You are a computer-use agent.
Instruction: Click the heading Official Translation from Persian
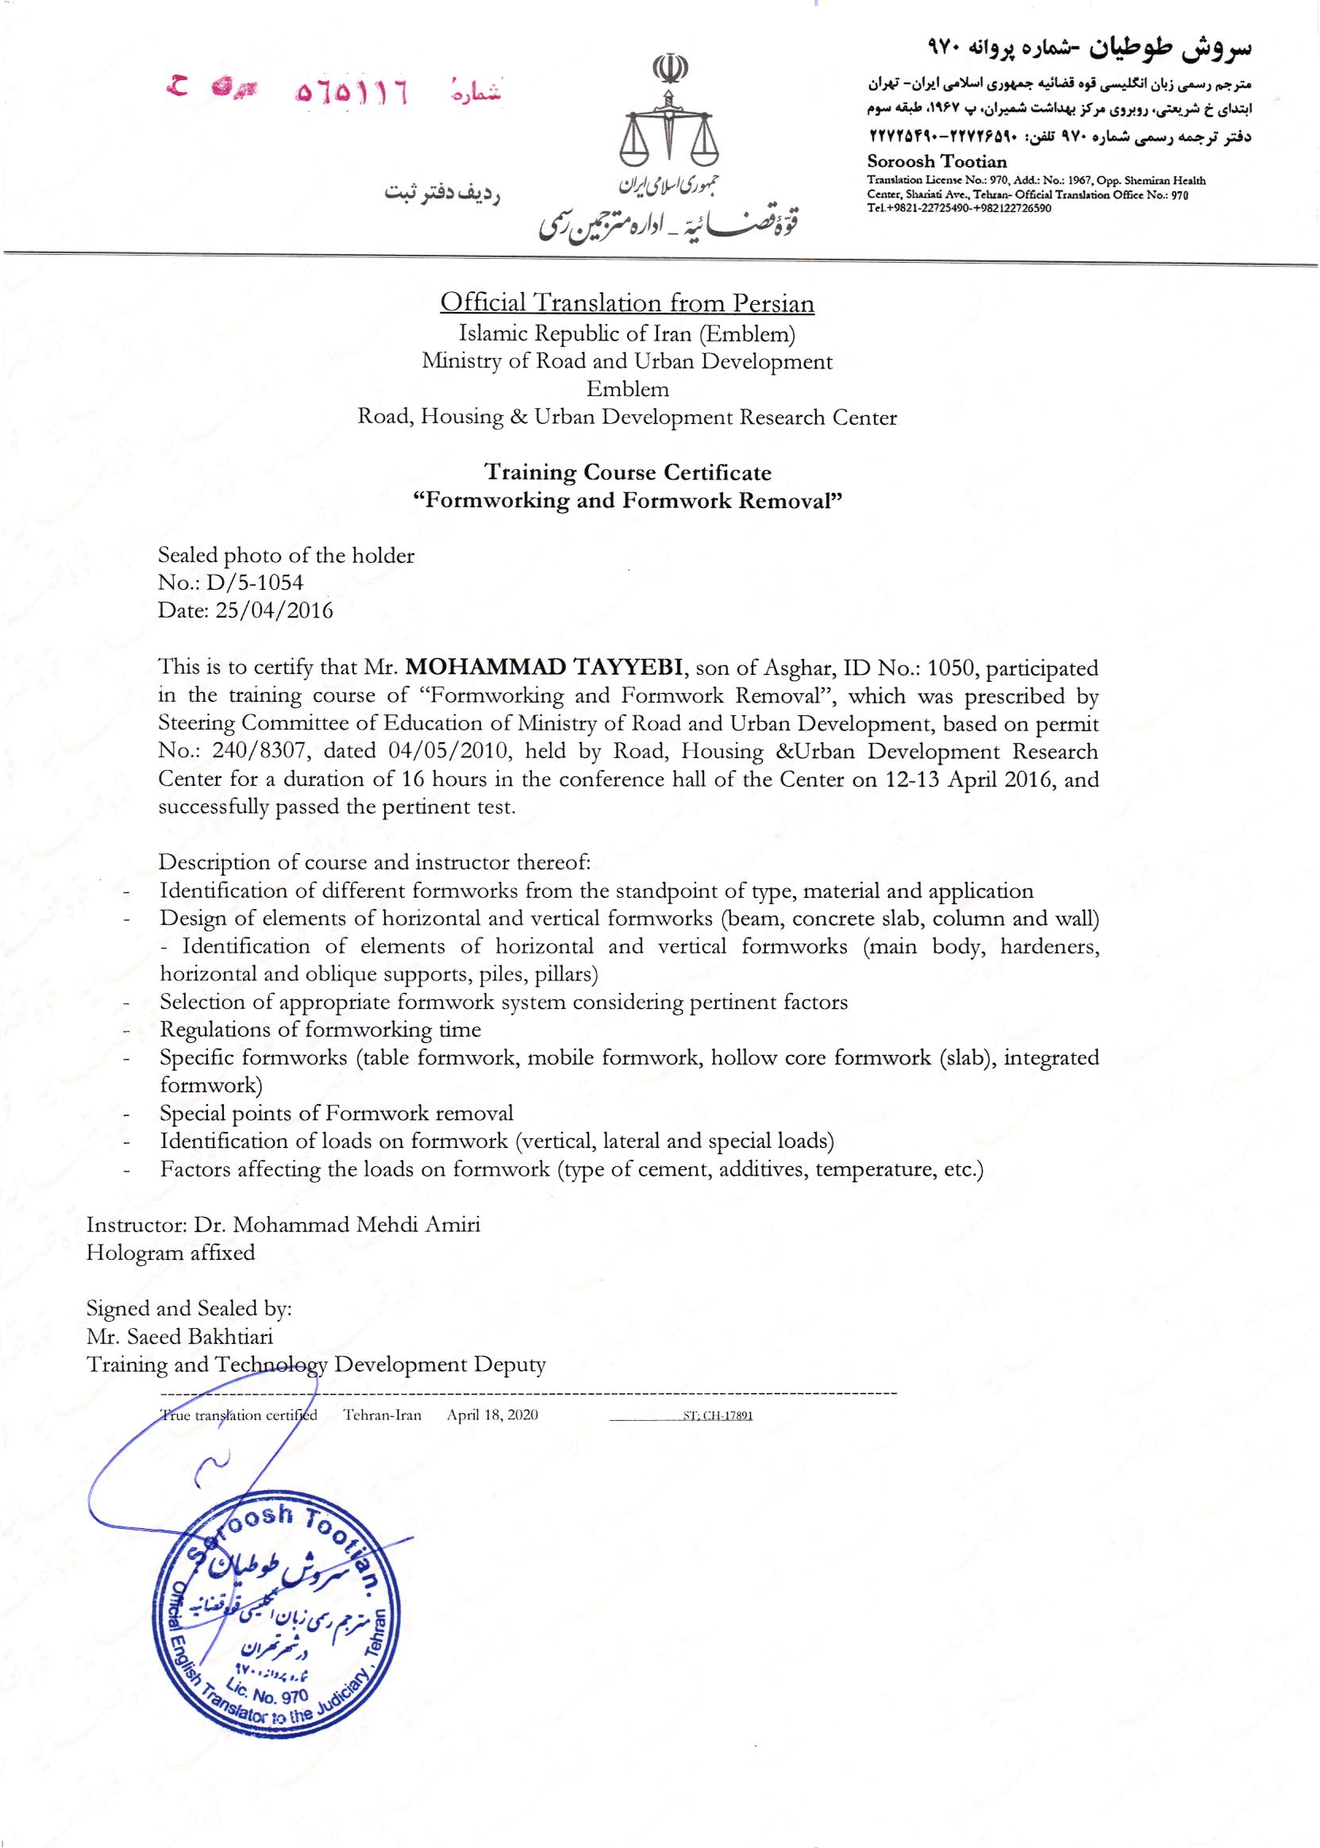pos(627,303)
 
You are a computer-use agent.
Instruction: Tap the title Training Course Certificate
pos(628,472)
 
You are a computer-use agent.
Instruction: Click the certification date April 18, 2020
pos(493,1415)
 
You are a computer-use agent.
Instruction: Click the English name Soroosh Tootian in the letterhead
pos(937,161)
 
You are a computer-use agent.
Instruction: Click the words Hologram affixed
pos(171,1253)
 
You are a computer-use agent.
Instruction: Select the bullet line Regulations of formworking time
pos(320,1030)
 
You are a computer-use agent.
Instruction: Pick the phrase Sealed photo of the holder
pos(286,556)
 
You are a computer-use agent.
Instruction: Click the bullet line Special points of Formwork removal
pos(337,1113)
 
